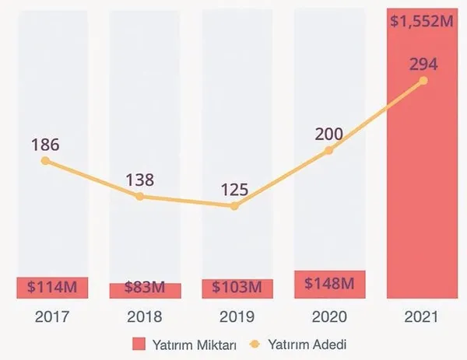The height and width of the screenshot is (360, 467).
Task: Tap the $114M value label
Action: point(51,286)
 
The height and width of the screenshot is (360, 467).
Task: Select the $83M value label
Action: point(145,288)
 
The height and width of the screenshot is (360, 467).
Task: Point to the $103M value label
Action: point(237,286)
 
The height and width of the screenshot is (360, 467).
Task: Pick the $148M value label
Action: point(329,282)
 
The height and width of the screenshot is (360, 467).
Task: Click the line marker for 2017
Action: point(45,161)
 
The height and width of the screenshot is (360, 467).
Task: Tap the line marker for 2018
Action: point(140,196)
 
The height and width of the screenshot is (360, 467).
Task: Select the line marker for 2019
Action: point(234,206)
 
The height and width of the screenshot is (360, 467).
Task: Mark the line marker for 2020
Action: point(328,150)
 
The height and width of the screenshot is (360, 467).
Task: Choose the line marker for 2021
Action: point(423,80)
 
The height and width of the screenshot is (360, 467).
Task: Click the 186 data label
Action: point(45,145)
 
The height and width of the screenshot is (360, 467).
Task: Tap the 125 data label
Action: point(234,190)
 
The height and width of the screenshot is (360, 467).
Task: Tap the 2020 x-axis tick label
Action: point(329,316)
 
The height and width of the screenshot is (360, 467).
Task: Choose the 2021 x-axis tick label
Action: point(422,316)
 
